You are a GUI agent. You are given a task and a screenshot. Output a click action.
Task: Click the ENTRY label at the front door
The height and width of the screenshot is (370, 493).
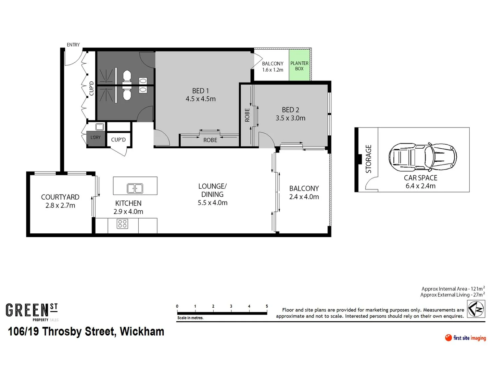(x=73, y=45)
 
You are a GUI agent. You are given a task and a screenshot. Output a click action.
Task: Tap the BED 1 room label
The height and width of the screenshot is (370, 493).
(x=200, y=91)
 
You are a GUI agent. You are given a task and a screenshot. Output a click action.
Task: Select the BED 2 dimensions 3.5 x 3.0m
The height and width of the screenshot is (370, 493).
(x=290, y=118)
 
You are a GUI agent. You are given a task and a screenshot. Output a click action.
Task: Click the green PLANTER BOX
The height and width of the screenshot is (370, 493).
(x=299, y=66)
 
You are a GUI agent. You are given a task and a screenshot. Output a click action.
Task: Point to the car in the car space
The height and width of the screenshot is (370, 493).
(x=422, y=157)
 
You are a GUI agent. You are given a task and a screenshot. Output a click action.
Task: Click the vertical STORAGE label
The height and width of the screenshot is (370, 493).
(x=368, y=159)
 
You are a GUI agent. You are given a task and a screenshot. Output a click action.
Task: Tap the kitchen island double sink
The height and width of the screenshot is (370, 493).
(x=135, y=188)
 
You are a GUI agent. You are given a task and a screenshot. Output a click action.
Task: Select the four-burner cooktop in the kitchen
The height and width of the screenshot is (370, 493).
(x=122, y=224)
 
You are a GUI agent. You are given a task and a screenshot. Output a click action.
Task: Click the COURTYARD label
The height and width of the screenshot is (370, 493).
(x=60, y=197)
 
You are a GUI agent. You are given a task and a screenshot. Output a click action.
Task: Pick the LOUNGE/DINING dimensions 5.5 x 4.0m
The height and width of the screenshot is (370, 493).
(x=212, y=203)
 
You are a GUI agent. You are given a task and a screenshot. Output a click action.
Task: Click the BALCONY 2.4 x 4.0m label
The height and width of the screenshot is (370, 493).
(x=304, y=193)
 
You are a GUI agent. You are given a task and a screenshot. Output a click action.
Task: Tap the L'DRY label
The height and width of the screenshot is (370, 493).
(x=96, y=137)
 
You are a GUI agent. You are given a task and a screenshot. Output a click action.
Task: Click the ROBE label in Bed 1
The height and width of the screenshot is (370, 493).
(x=210, y=140)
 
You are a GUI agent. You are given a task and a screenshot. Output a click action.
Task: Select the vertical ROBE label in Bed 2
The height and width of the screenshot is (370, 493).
(x=247, y=115)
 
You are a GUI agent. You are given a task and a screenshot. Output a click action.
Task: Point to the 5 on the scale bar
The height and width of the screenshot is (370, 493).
(x=267, y=306)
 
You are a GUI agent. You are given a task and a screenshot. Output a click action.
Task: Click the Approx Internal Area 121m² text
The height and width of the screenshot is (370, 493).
(x=453, y=289)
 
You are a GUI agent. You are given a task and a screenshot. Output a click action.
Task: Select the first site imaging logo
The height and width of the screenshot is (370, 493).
(x=465, y=338)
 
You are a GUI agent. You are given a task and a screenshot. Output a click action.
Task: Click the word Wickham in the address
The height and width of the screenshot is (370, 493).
(x=142, y=332)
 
